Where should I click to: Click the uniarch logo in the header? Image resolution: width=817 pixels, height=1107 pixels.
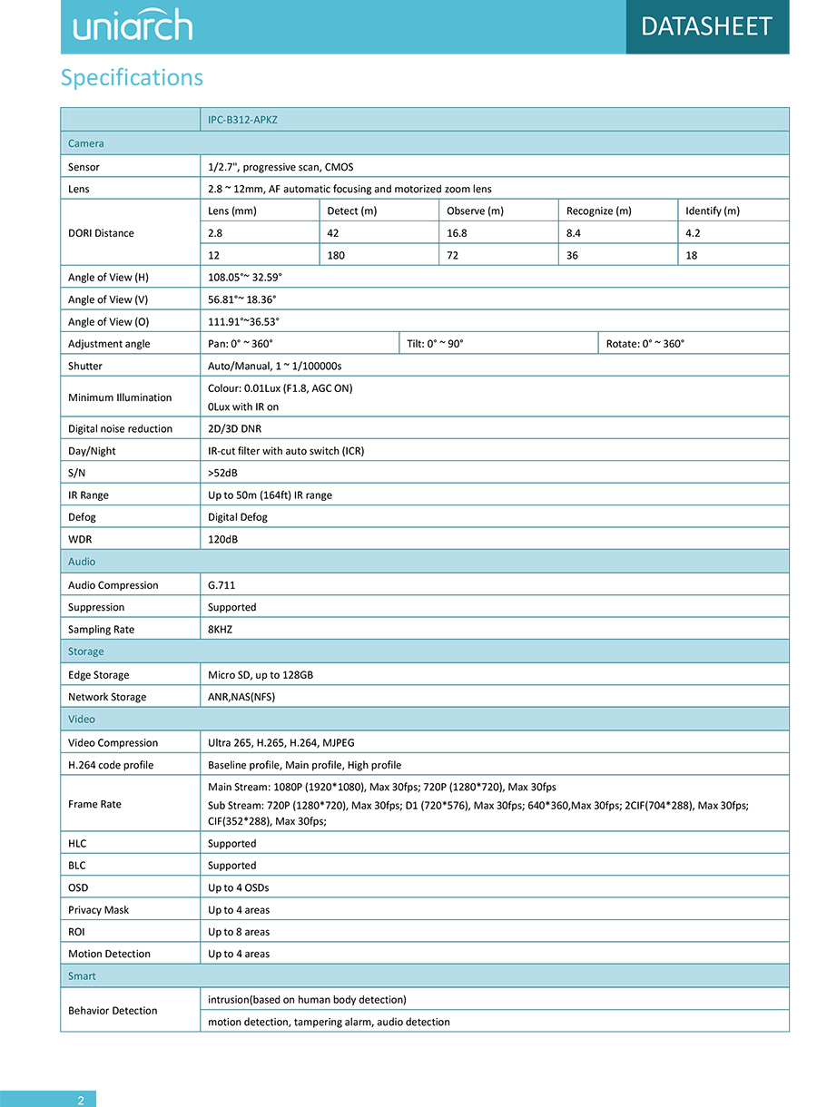click(x=133, y=25)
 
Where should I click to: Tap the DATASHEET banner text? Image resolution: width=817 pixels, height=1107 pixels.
click(x=706, y=26)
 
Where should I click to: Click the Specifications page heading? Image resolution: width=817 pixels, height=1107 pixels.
click(x=132, y=78)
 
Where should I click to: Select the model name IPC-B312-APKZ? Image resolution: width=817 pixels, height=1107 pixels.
click(x=242, y=120)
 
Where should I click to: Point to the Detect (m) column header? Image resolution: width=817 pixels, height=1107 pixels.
click(x=351, y=211)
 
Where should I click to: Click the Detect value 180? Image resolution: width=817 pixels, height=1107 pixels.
click(x=336, y=256)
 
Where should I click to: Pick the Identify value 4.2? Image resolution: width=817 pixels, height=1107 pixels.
click(x=693, y=233)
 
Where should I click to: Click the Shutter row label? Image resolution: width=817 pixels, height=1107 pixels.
click(x=85, y=367)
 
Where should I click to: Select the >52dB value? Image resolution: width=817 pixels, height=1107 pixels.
click(x=222, y=473)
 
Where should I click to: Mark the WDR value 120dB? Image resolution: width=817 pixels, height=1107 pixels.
click(x=223, y=540)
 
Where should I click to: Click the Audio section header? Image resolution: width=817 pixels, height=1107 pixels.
click(x=82, y=562)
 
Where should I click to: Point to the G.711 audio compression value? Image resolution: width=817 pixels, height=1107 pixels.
click(x=221, y=585)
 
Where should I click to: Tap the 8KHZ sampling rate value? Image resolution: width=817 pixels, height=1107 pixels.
click(x=221, y=630)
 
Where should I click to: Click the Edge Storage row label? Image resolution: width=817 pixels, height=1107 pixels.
click(x=99, y=675)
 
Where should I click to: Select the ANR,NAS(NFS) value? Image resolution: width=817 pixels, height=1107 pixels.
click(x=241, y=698)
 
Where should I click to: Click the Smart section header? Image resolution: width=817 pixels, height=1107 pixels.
click(x=82, y=976)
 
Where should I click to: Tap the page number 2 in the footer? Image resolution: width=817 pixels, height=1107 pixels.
click(x=81, y=1101)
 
